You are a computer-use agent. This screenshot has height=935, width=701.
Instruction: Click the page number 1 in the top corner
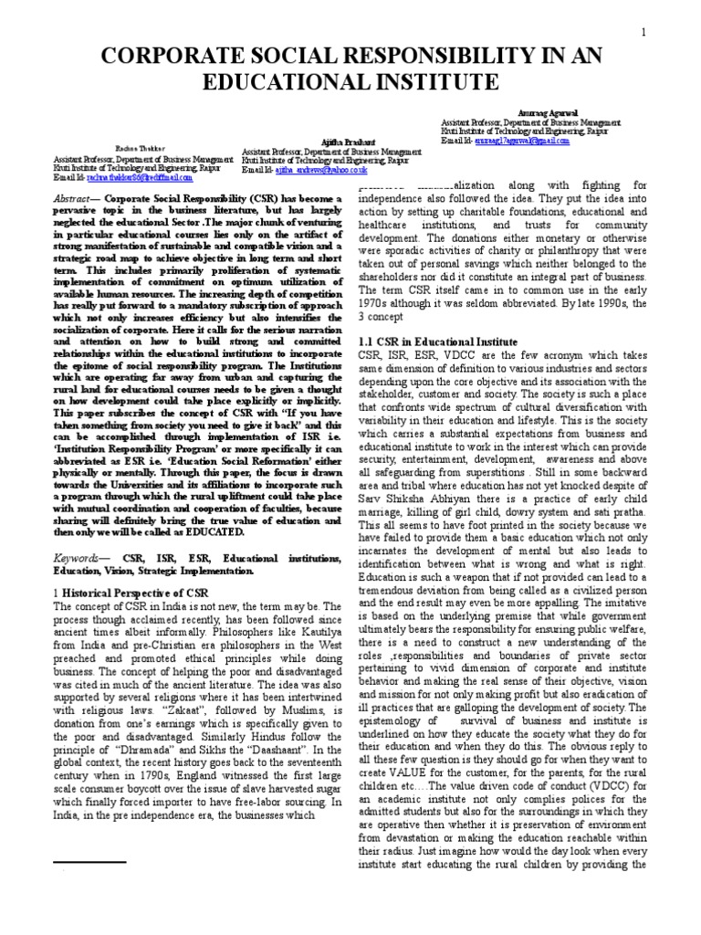tap(644, 34)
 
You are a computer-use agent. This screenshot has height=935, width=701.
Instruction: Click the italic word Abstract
tap(78, 197)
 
